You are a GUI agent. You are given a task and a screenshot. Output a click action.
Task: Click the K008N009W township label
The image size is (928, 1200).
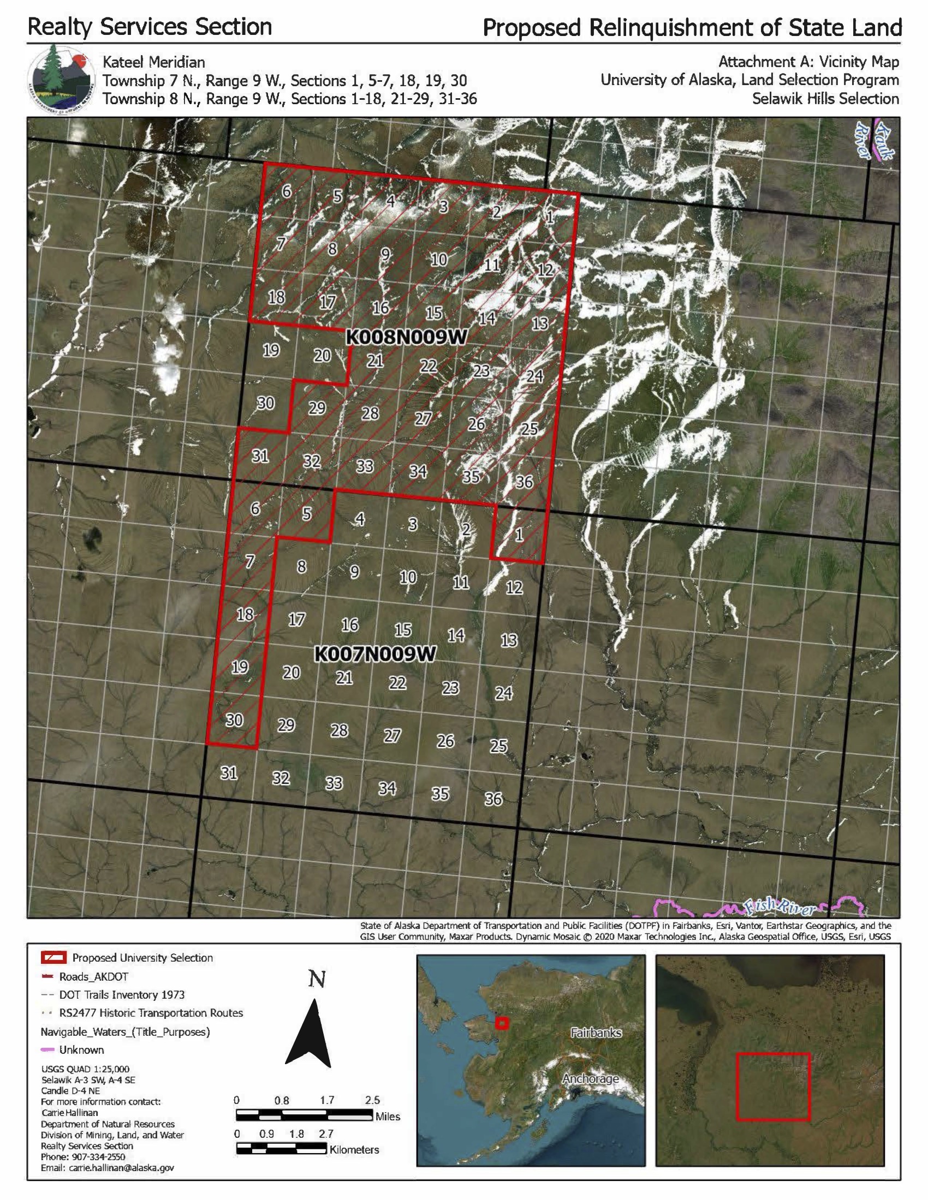click(406, 337)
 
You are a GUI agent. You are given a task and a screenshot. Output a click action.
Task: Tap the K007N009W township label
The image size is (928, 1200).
click(375, 654)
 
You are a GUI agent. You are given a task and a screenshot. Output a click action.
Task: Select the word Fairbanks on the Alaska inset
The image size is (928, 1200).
click(596, 1033)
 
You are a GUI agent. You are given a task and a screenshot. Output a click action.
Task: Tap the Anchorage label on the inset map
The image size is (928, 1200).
click(590, 1078)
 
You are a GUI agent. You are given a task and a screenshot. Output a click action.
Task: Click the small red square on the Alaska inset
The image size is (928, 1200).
click(501, 1023)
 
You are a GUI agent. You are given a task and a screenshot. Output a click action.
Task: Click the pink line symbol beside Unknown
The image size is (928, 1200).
click(49, 1050)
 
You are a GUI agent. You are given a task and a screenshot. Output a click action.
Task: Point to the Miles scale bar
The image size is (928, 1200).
click(304, 1115)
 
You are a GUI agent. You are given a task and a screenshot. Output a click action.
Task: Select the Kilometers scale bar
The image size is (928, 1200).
click(281, 1148)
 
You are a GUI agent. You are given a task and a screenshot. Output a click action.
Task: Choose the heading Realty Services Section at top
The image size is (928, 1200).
click(150, 26)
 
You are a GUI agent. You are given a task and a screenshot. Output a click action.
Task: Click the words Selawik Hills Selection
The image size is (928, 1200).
click(825, 99)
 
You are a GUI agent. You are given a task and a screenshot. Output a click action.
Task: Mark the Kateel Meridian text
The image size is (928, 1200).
click(154, 62)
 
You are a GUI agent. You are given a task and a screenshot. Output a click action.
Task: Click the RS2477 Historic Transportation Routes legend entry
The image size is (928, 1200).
click(151, 1013)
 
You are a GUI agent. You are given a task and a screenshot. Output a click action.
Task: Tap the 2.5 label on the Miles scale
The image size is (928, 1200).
click(372, 1100)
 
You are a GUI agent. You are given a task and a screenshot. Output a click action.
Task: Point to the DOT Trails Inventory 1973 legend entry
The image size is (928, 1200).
click(122, 994)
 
